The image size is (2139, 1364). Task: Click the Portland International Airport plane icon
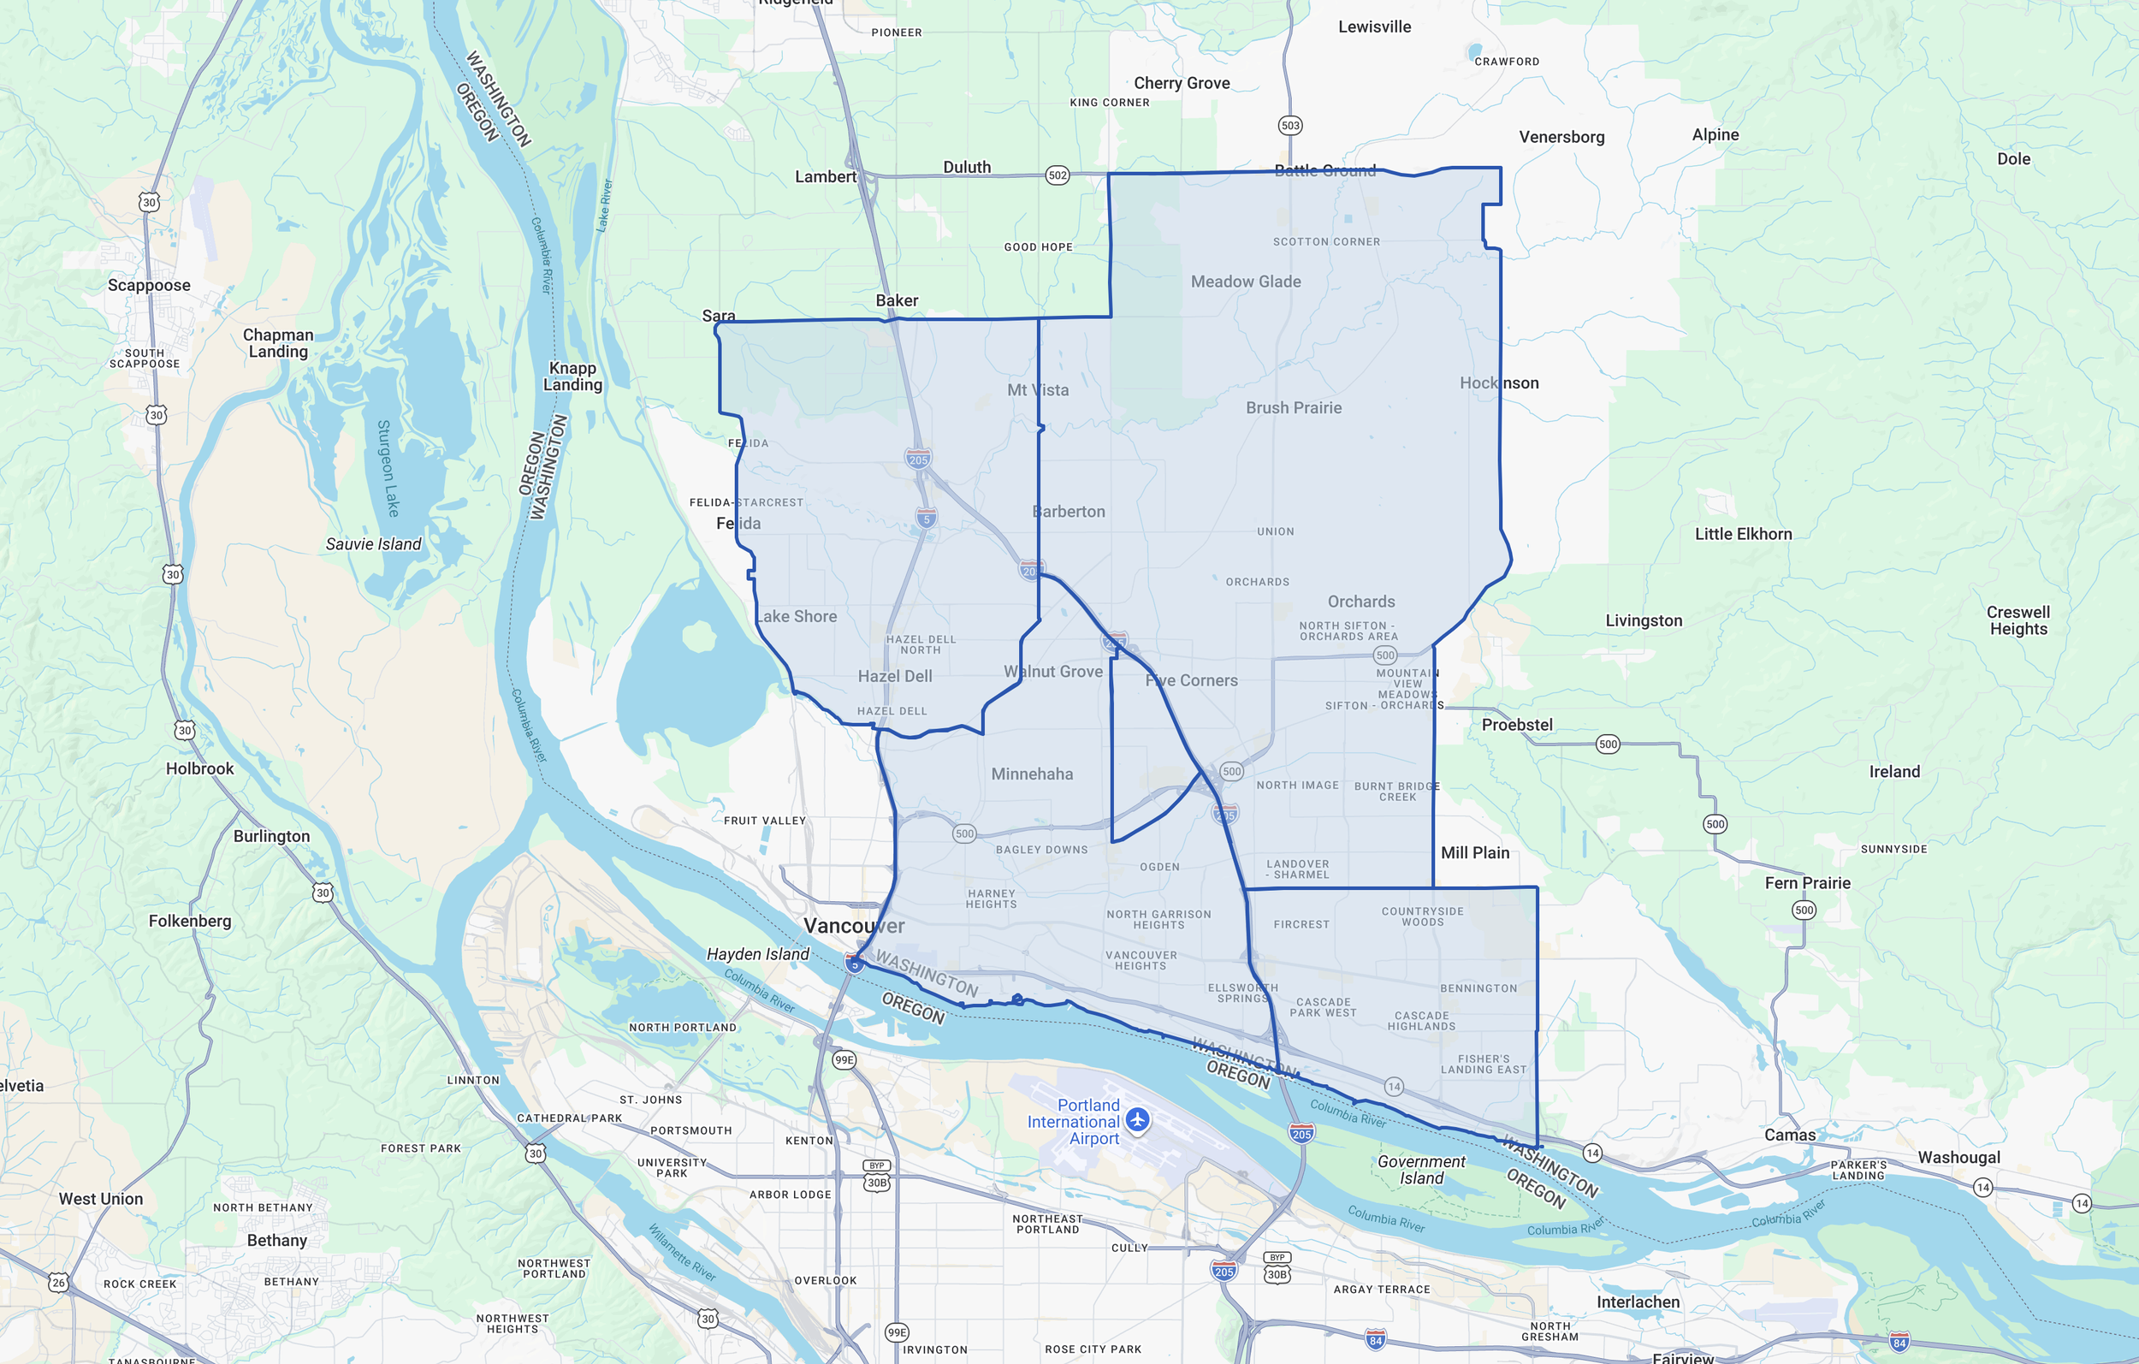point(1137,1119)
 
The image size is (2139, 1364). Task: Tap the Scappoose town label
point(149,285)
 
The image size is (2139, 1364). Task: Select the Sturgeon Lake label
point(388,468)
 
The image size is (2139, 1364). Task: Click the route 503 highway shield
point(1289,125)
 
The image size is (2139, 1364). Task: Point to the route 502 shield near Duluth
point(1057,175)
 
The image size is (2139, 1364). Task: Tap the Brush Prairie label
point(1294,408)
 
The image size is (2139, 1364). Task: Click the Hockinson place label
point(1498,383)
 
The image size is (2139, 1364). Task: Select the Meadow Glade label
point(1246,282)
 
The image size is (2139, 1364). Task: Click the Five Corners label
point(1191,680)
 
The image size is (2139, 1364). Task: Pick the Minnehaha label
point(1031,774)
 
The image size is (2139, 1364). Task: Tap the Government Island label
point(1421,1170)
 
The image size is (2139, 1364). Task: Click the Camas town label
point(1789,1135)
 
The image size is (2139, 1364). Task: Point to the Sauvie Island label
point(373,544)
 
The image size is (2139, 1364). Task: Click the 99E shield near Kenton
point(844,1059)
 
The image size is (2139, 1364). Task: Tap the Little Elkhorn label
point(1743,534)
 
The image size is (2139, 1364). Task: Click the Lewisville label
point(1374,27)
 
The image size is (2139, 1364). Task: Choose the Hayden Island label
point(758,953)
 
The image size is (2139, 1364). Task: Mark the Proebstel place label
point(1516,725)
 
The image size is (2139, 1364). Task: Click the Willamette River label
point(681,1252)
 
